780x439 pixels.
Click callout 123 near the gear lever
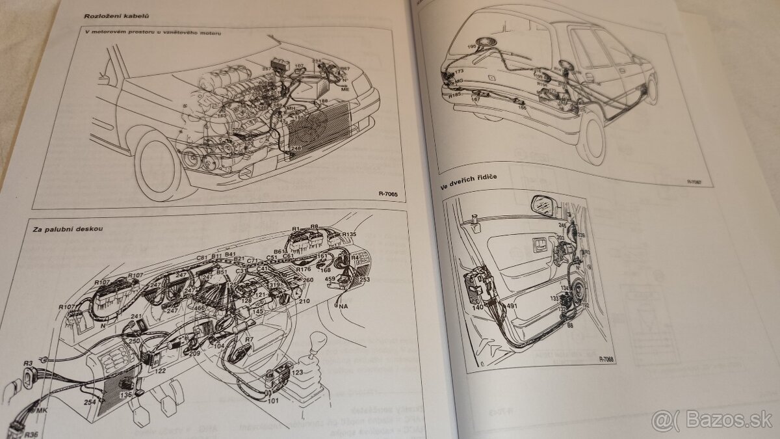click(296, 373)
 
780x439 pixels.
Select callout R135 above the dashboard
click(348, 233)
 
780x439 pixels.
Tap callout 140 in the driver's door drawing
click(478, 306)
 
